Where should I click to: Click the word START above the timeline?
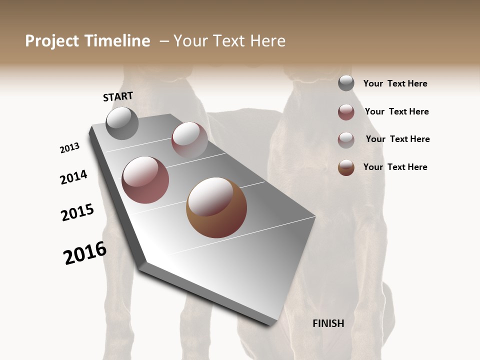118,96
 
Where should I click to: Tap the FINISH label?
328,323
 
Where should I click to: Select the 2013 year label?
69,148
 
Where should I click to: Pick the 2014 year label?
73,177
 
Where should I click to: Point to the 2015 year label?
77,212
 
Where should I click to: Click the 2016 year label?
85,253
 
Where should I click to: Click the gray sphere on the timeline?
122,123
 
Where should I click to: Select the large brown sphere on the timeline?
216,207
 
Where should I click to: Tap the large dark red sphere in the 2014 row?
145,180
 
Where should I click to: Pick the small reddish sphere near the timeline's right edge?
189,139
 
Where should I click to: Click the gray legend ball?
346,83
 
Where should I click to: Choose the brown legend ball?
346,167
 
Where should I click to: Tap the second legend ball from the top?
346,112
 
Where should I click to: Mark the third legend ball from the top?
346,140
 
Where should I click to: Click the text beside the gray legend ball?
395,83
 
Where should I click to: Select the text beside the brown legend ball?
395,167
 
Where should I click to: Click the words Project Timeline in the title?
87,41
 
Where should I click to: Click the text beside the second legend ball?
396,111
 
